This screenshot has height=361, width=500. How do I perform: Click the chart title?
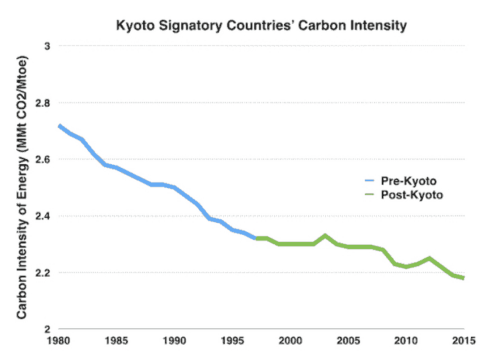point(262,26)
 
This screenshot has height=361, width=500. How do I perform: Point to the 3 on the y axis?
point(49,46)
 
